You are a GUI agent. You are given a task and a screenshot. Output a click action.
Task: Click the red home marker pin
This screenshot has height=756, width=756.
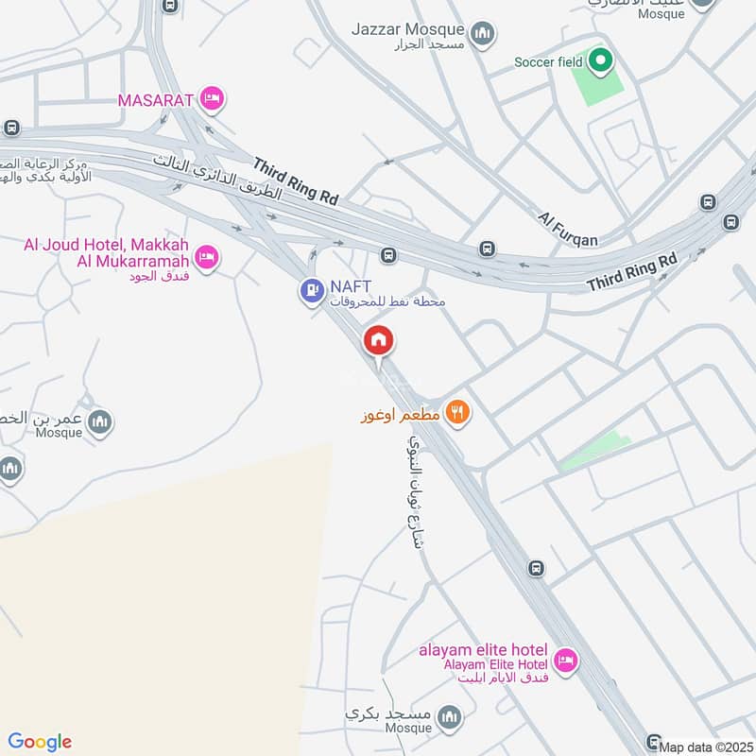[379, 341]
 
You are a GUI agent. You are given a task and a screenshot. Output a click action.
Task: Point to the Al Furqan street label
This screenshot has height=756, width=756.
[568, 230]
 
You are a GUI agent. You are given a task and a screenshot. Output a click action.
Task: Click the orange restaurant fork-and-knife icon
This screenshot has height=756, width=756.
[457, 412]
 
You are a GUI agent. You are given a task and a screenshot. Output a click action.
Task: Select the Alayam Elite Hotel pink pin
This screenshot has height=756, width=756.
[565, 661]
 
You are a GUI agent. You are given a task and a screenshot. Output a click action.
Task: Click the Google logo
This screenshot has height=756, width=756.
[40, 742]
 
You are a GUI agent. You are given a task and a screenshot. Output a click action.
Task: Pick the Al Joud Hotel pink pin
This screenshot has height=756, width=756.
[207, 256]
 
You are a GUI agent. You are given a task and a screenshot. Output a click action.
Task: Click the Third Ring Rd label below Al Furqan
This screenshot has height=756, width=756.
[632, 271]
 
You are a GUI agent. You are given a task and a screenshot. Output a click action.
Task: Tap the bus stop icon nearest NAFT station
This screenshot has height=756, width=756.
[387, 255]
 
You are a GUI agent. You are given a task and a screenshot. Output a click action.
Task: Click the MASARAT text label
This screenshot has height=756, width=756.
[156, 99]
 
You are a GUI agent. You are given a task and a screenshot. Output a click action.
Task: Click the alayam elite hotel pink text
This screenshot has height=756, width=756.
[484, 650]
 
